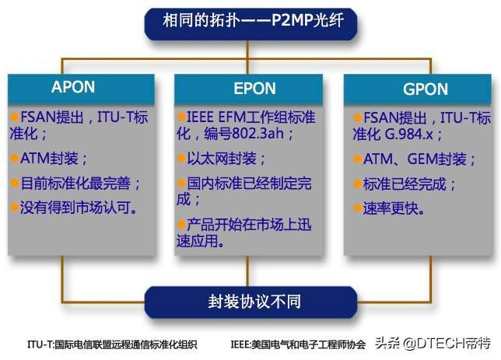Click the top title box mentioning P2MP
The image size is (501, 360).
click(250, 24)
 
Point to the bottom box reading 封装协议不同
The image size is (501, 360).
click(250, 302)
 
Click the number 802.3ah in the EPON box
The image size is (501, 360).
click(258, 133)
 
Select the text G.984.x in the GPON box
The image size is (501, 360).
click(409, 135)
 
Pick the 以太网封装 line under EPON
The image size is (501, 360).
click(226, 158)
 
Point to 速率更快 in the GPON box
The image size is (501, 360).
click(394, 208)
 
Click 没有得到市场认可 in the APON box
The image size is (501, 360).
click(79, 208)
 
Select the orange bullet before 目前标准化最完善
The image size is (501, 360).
click(14, 183)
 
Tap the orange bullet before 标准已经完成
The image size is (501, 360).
click(358, 184)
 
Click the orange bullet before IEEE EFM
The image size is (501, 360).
click(181, 117)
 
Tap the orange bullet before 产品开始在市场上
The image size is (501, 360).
click(181, 224)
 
